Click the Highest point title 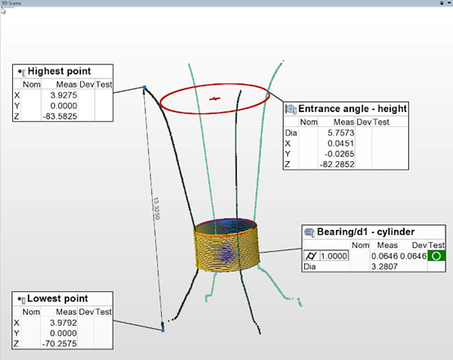click(x=59, y=71)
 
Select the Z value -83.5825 click(x=60, y=116)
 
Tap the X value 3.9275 click(x=64, y=95)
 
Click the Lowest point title click(x=57, y=299)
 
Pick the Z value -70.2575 click(x=60, y=344)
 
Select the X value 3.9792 click(x=63, y=322)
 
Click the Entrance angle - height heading click(x=352, y=109)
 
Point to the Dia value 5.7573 click(x=341, y=133)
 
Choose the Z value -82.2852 click(x=337, y=164)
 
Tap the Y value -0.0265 click(x=339, y=154)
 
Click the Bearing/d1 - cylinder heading click(x=366, y=232)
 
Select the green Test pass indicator click(x=437, y=256)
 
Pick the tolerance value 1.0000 click(x=334, y=256)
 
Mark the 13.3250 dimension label click(x=156, y=208)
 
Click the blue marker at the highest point click(x=145, y=87)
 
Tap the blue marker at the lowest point click(x=163, y=331)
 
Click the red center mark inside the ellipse click(x=215, y=99)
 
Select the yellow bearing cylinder click(x=226, y=245)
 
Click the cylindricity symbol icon click(x=312, y=256)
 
